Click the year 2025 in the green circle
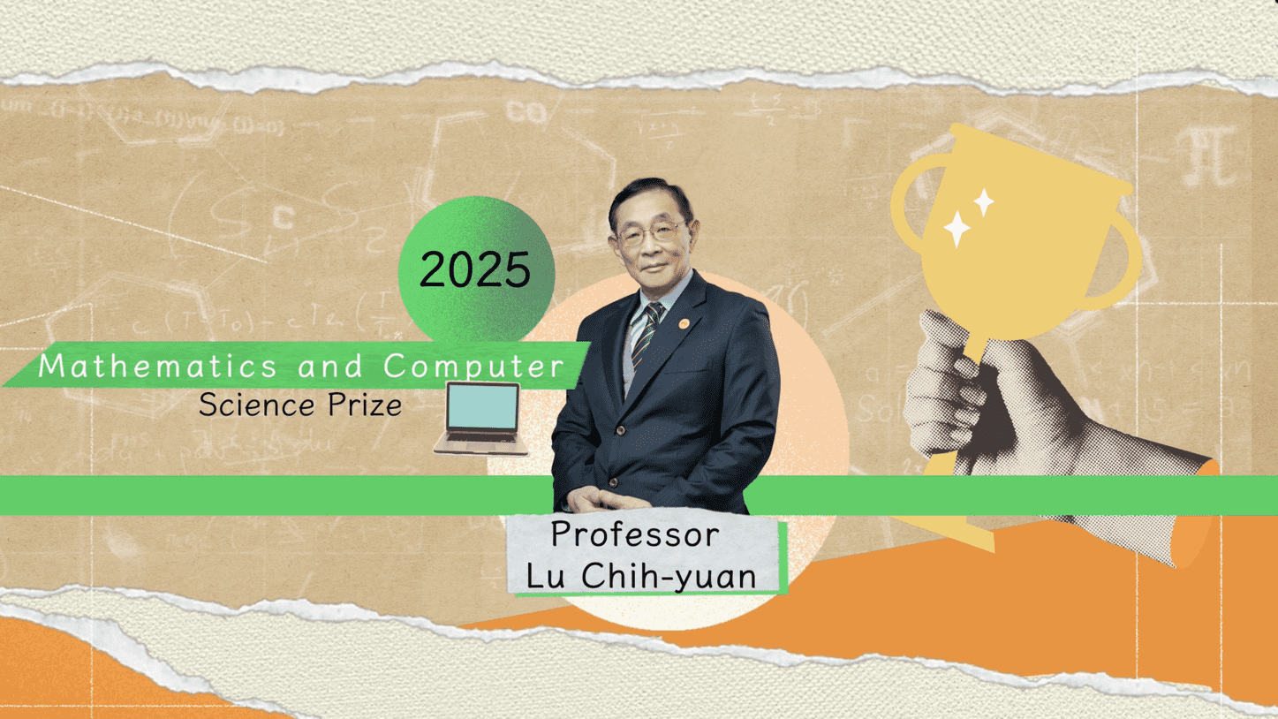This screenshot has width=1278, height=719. pos(475,270)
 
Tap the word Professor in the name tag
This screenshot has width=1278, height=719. pos(635,534)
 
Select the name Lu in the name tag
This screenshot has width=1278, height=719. pos(545,576)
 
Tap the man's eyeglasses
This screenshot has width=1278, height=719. pos(651,234)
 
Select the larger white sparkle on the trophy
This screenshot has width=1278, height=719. pos(957,229)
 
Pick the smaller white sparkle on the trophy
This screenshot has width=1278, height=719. pos(983,202)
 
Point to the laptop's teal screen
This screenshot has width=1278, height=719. pos(482,408)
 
